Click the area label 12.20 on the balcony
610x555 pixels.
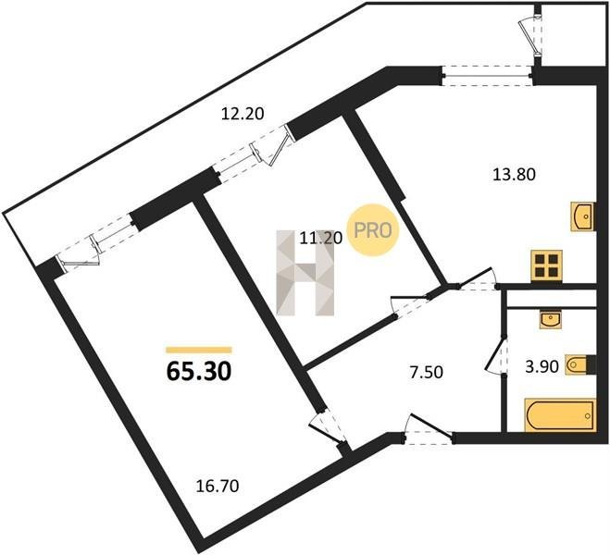pyautogui.click(x=243, y=114)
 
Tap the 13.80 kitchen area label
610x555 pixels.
pyautogui.click(x=514, y=175)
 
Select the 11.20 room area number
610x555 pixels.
pyautogui.click(x=320, y=238)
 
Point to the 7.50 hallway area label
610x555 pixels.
pyautogui.click(x=427, y=373)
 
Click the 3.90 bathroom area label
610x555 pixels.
pyautogui.click(x=542, y=366)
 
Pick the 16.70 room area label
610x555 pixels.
pyautogui.click(x=218, y=487)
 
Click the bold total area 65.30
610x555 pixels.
pyautogui.click(x=199, y=371)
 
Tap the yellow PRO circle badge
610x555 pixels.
pyautogui.click(x=373, y=230)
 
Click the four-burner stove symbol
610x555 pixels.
pyautogui.click(x=546, y=265)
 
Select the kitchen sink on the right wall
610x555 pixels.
pyautogui.click(x=583, y=216)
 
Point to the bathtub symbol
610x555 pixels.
pyautogui.click(x=560, y=415)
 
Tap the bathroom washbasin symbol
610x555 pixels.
pyautogui.click(x=551, y=319)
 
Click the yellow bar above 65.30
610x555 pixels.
pyautogui.click(x=199, y=350)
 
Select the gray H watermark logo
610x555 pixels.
pyautogui.click(x=305, y=273)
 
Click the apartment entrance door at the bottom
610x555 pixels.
pyautogui.click(x=428, y=431)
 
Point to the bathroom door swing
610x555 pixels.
pyautogui.click(x=496, y=354)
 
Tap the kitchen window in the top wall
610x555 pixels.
pyautogui.click(x=488, y=76)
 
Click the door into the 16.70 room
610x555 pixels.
pyautogui.click(x=329, y=427)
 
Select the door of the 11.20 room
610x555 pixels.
pyautogui.click(x=410, y=306)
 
